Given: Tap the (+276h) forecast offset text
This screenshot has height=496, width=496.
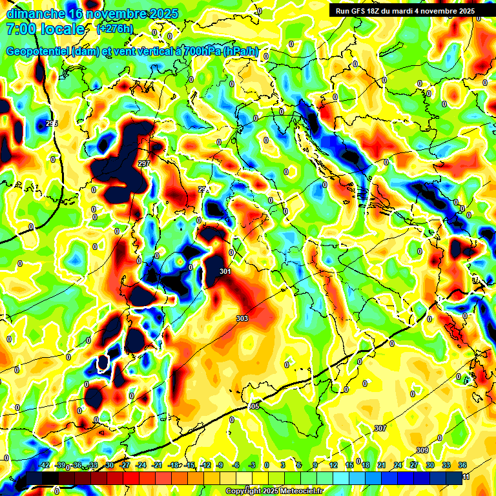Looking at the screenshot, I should (x=115, y=29).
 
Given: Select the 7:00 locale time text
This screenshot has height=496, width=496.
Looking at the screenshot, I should (x=45, y=29).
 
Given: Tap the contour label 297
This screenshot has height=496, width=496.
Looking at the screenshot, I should (x=144, y=163).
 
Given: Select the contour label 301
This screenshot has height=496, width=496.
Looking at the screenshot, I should (x=225, y=272).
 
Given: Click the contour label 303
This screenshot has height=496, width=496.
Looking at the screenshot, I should (x=242, y=318).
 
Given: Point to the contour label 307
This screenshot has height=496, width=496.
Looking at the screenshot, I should (x=380, y=428).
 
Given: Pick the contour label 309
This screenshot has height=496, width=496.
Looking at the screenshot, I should (x=422, y=450).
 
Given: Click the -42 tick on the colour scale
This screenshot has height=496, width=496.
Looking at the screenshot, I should (x=45, y=465).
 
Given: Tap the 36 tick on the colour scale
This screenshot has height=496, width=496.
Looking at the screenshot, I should (x=462, y=465).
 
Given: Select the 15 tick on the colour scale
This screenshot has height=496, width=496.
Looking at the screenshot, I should (x=349, y=465).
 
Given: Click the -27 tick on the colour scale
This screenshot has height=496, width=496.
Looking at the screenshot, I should (x=125, y=465).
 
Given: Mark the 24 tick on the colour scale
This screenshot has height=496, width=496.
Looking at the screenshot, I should (x=398, y=465).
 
